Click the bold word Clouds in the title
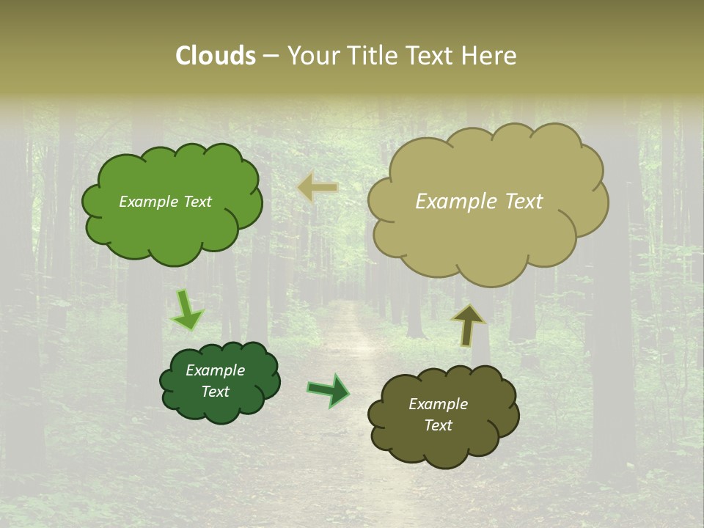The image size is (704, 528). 216,56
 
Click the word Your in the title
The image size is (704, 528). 312,56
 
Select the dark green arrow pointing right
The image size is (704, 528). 329,390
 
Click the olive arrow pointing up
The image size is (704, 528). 468,324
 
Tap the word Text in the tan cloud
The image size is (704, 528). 524,202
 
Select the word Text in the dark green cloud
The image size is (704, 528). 216,392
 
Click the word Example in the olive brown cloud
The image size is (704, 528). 438,404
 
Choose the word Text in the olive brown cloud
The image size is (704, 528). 438,425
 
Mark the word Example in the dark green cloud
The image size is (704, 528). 216,370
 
